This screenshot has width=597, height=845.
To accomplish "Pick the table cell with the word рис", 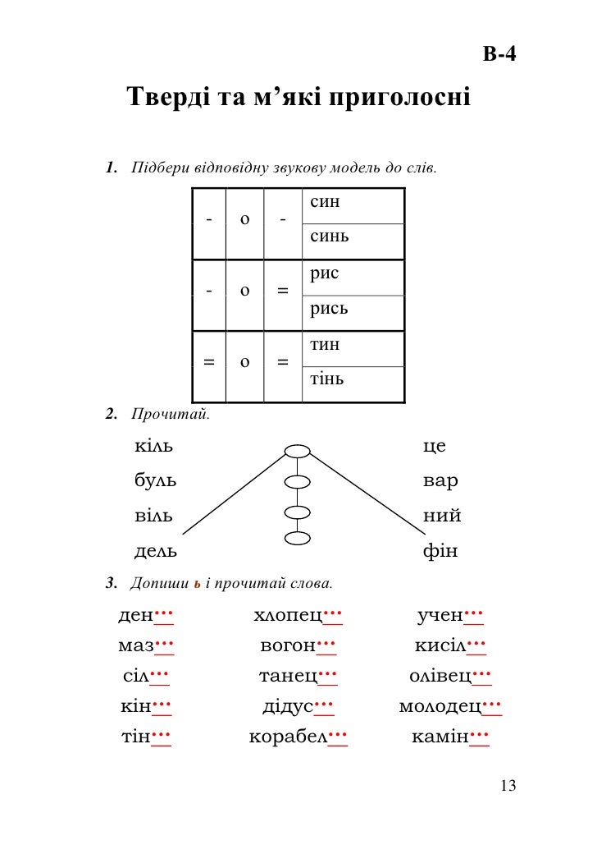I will [x=353, y=277].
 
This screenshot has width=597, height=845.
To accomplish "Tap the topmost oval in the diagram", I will [x=298, y=451].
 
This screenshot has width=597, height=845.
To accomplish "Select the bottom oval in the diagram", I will [x=298, y=539].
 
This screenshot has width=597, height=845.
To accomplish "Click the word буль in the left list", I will [x=155, y=481].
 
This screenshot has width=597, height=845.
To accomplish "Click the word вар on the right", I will [x=440, y=481].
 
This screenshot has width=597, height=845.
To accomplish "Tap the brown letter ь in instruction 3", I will [x=197, y=585].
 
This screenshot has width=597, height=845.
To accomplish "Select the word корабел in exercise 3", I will [x=288, y=737].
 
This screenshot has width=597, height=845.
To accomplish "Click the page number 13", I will [x=508, y=787].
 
